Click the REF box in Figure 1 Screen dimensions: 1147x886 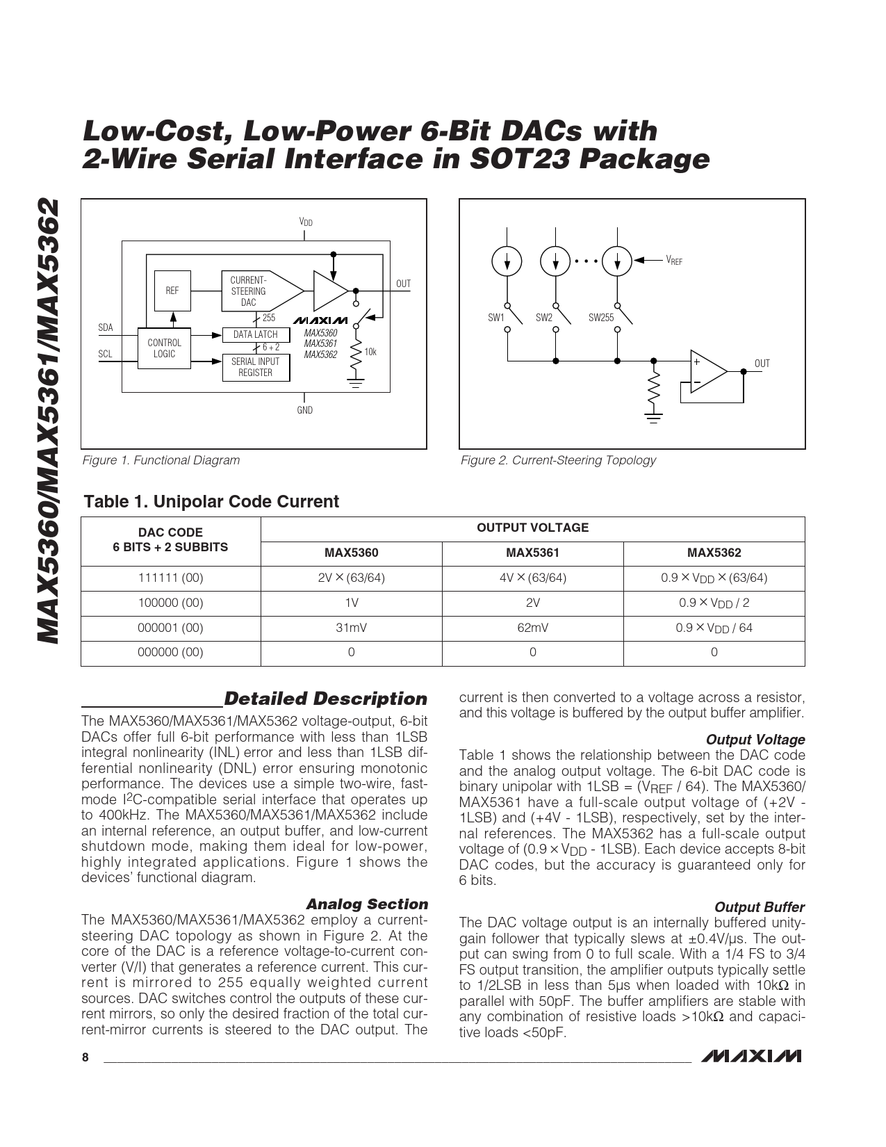172,291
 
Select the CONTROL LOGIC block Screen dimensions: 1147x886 164,348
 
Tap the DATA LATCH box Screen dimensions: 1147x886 255,334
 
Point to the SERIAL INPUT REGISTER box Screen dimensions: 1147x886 255,367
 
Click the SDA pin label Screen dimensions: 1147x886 105,327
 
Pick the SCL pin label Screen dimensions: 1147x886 105,354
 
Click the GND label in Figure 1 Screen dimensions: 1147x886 304,410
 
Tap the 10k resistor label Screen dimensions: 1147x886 370,352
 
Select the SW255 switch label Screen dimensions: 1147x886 601,318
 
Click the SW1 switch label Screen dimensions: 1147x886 495,318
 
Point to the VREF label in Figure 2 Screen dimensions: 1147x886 674,261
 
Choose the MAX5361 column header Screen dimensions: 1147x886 532,553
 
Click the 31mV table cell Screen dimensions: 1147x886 351,628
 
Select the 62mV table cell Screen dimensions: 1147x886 532,628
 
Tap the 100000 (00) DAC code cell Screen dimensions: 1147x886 171,603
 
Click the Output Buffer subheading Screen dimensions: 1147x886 759,907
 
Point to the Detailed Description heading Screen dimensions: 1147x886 325,699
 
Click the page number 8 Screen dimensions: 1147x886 85,1058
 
